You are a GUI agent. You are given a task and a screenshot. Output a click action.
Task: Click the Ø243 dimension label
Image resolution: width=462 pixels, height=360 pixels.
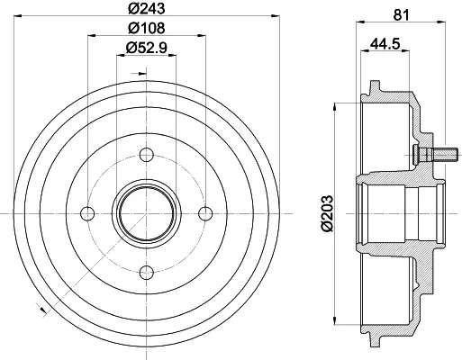click(x=147, y=8)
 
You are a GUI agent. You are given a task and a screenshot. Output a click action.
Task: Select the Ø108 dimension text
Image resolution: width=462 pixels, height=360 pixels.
click(x=147, y=28)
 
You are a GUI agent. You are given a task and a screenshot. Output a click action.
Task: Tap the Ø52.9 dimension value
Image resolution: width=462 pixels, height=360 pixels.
click(x=147, y=48)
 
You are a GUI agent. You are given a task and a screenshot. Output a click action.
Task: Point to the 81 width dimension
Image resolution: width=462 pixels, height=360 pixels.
click(x=402, y=15)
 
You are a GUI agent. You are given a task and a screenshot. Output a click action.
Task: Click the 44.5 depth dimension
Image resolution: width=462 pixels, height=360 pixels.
click(x=385, y=44)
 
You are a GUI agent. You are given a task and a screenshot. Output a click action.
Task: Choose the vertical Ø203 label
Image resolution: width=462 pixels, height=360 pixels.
click(x=327, y=213)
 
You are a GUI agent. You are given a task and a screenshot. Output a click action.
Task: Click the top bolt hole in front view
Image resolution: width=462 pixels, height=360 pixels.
click(x=147, y=155)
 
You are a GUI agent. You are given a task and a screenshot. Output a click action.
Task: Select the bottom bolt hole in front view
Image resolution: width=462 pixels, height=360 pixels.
click(x=147, y=273)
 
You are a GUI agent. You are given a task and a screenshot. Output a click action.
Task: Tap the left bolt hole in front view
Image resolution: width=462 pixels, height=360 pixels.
click(x=87, y=213)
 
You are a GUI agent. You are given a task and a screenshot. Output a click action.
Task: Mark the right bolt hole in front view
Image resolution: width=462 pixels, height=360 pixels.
click(x=205, y=213)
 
